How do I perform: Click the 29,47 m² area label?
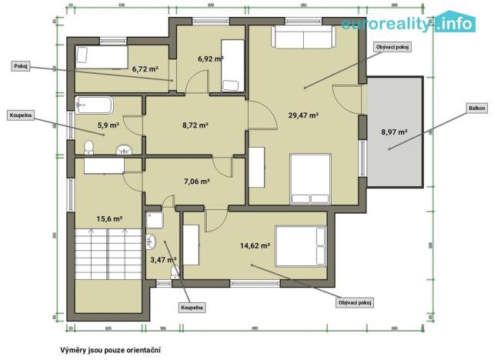[303, 115]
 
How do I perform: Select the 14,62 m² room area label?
[255, 246]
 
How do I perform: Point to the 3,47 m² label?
[163, 260]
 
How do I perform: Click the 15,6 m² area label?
[108, 218]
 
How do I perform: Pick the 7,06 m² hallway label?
[197, 182]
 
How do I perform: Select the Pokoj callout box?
[21, 66]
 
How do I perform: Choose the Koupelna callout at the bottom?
[192, 308]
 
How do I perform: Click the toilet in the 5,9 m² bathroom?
[88, 146]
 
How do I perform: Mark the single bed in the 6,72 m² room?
[102, 55]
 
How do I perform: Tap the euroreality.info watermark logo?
[408, 24]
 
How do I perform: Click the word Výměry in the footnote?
[75, 349]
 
